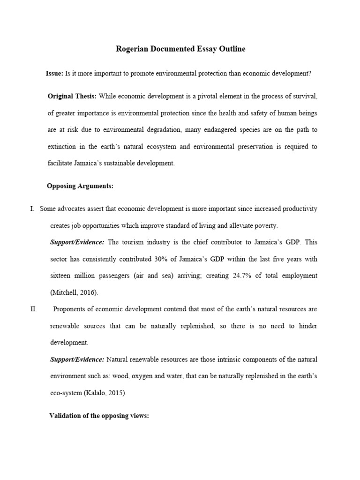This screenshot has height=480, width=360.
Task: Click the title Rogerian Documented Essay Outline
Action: tap(180, 49)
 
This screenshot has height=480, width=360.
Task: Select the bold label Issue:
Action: tap(54, 73)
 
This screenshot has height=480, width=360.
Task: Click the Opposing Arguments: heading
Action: tap(80, 186)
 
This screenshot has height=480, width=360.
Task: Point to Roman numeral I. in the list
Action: tap(32, 209)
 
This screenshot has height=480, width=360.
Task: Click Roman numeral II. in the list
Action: tap(33, 309)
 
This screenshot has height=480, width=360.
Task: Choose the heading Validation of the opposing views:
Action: tap(99, 416)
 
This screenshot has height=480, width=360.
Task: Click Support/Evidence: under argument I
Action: tap(77, 242)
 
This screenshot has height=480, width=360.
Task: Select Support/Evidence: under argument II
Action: tap(77, 360)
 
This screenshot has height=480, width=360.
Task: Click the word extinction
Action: tap(63, 147)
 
